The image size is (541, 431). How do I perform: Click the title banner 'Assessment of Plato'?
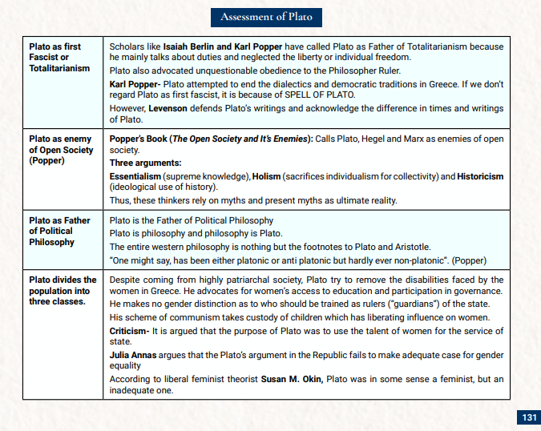(270, 17)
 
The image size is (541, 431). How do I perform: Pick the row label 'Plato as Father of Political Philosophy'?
(60, 231)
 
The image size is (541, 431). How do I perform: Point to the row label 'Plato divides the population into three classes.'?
(63, 291)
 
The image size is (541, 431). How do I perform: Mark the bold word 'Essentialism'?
(135, 176)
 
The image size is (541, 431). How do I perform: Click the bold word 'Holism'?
(266, 176)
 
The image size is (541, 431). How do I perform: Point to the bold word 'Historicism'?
(480, 176)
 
